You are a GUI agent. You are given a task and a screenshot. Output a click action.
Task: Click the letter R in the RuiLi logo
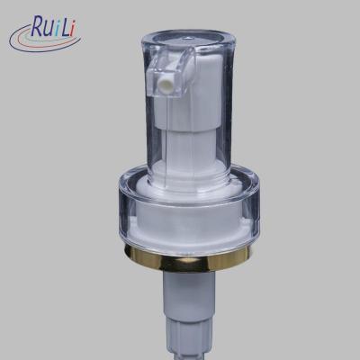pos(39,26)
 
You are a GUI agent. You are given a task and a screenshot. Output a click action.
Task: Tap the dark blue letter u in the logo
pos(51,29)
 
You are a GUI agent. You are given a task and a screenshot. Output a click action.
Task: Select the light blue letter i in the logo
pos(58,27)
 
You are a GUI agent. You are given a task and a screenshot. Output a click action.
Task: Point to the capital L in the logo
pos(67,25)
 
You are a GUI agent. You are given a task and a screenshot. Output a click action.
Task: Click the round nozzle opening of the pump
pos(166,80)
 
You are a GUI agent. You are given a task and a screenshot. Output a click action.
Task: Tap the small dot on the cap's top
pos(188,38)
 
